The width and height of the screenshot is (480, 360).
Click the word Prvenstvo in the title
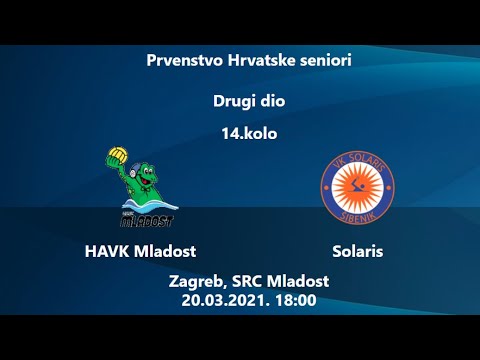click(181, 60)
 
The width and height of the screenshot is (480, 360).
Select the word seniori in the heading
click(324, 60)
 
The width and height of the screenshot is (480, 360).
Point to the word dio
click(273, 101)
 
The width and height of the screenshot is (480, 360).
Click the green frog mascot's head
click(134, 172)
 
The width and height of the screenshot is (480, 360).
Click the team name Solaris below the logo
click(358, 251)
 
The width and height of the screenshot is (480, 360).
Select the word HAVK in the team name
click(106, 251)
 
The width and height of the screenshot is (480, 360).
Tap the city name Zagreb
click(198, 281)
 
